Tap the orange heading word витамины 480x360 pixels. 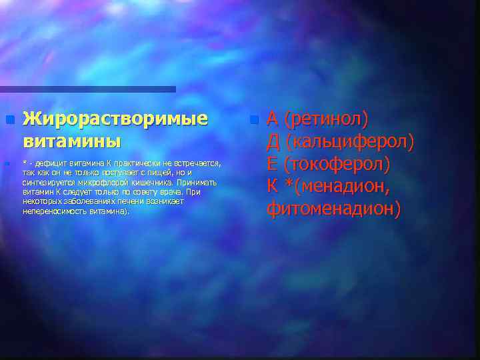coord(72,141)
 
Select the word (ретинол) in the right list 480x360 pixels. coord(326,119)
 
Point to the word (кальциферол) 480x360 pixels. coord(349,142)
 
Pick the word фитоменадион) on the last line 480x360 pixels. coord(333,209)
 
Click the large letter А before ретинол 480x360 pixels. coord(273,119)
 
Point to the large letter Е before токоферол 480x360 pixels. coord(272,164)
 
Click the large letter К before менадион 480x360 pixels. coord(272,187)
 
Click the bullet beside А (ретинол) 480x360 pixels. coord(253,120)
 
